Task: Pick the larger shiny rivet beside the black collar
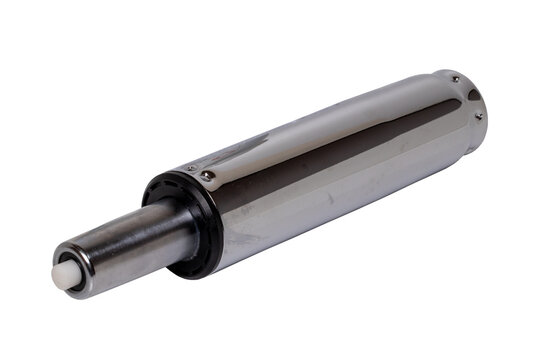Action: [x=207, y=176]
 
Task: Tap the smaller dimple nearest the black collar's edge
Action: [x=190, y=169]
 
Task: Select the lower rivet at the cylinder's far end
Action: [x=479, y=116]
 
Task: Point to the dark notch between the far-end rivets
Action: [x=470, y=96]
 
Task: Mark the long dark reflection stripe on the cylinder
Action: [x=330, y=170]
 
